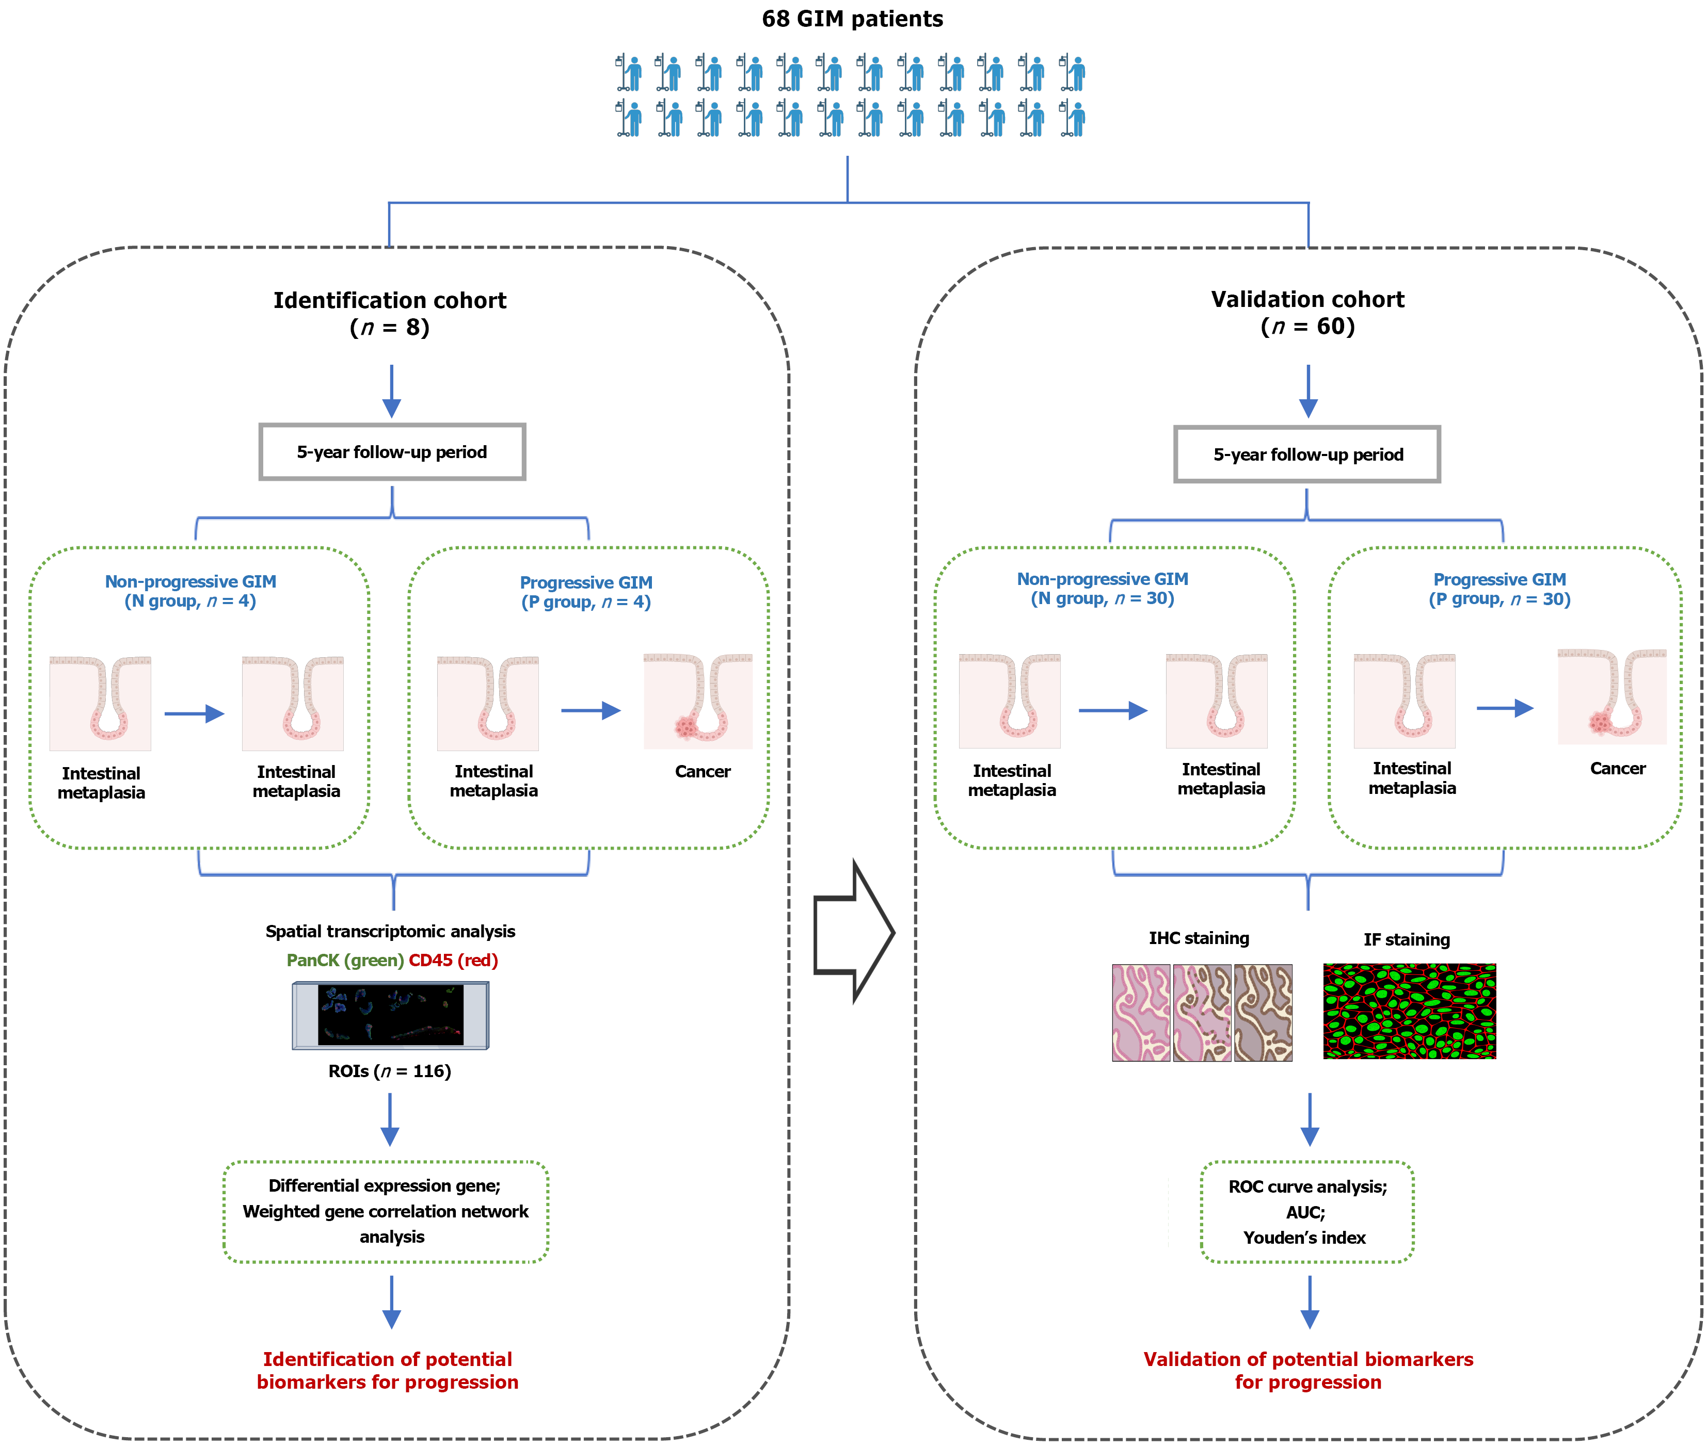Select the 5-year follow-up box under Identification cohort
[x=392, y=452]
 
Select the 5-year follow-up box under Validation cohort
[x=1307, y=454]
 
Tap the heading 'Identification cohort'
[x=390, y=300]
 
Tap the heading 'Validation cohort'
[x=1308, y=299]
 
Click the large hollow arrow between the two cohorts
[x=854, y=932]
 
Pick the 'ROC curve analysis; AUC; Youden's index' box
[x=1307, y=1212]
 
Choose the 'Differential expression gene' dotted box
[x=386, y=1212]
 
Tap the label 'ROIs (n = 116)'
[x=390, y=1071]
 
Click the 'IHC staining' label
[x=1199, y=938]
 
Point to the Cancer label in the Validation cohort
[x=1618, y=769]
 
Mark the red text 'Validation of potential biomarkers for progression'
[x=1308, y=1371]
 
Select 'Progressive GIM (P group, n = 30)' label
[x=1499, y=589]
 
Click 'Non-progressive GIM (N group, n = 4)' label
[x=190, y=591]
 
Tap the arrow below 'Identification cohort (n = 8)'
[x=391, y=391]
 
